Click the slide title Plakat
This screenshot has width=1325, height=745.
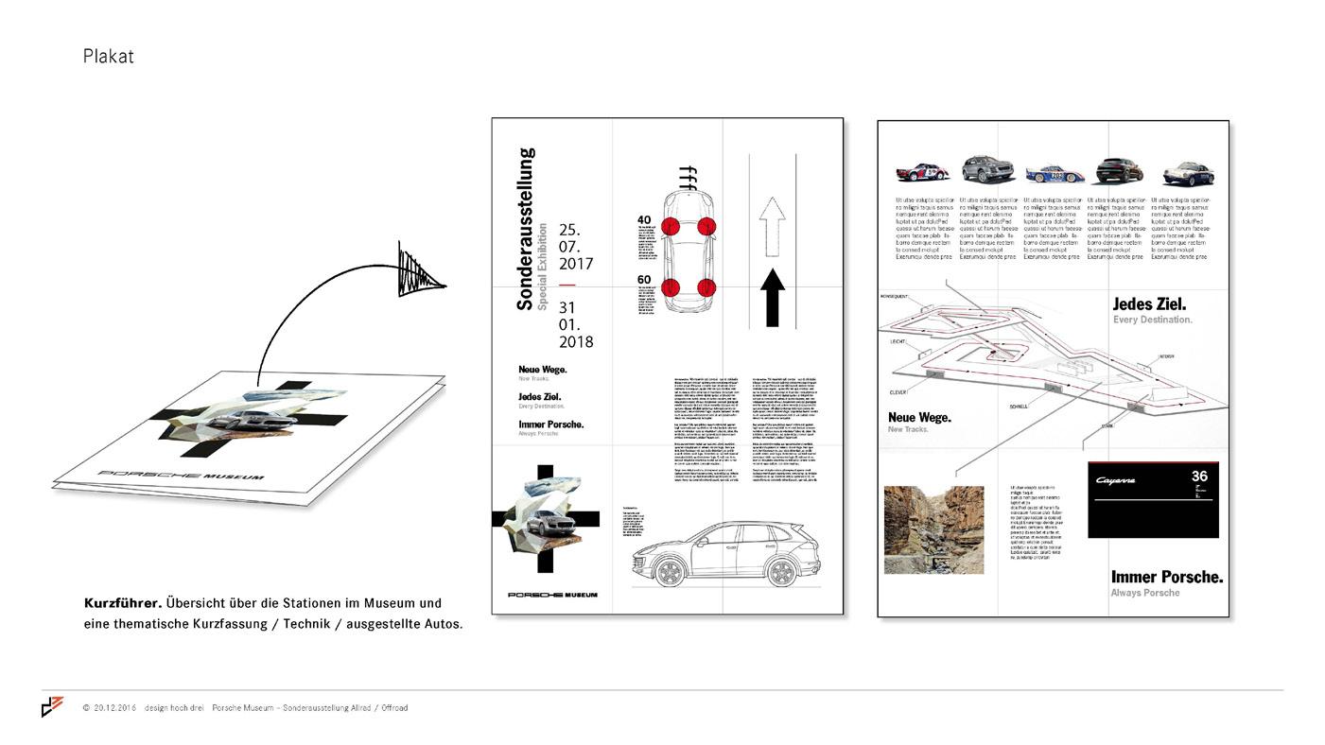coord(108,57)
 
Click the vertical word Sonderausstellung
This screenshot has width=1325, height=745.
coord(526,229)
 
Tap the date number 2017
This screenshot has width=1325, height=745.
coord(576,264)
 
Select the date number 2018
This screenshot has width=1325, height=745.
coord(576,341)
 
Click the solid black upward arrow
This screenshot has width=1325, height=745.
coord(773,298)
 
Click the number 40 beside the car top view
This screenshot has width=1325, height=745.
coord(645,220)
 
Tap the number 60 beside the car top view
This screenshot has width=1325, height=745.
coord(645,279)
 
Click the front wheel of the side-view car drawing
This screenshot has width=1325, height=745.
coord(669,572)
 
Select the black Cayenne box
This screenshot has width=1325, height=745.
coord(1153,500)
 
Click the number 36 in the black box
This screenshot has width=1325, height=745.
coord(1199,477)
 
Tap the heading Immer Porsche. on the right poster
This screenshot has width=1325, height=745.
coord(1166,577)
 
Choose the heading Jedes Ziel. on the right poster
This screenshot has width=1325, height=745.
coord(1149,304)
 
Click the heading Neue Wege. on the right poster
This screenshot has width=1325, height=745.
coord(919,417)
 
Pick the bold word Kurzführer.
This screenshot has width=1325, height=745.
coord(123,602)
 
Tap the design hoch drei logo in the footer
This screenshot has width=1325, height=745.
coord(52,706)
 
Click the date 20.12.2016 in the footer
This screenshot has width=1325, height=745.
coord(114,707)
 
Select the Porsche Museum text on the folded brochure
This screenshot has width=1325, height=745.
coord(182,474)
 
